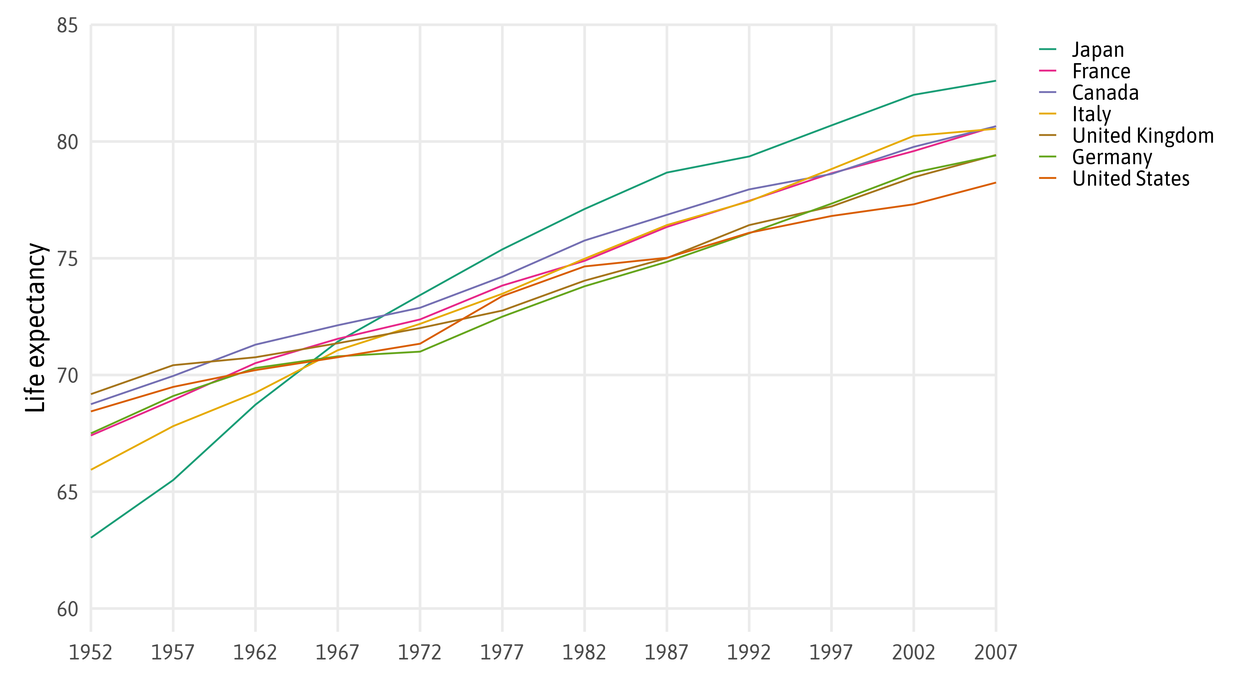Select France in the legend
pyautogui.click(x=1101, y=72)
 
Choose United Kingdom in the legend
pyautogui.click(x=1143, y=136)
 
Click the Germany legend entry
pyautogui.click(x=1112, y=157)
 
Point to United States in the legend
pyautogui.click(x=1130, y=179)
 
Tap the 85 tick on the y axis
pyautogui.click(x=67, y=25)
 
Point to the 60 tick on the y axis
pyautogui.click(x=67, y=609)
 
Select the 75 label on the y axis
pyautogui.click(x=67, y=259)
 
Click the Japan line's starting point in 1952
pyautogui.click(x=92, y=537)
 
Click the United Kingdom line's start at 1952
pyautogui.click(x=92, y=394)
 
